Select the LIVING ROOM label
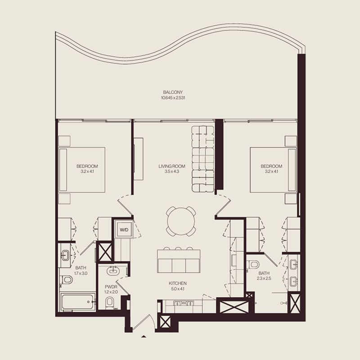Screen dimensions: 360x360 coord(169,166)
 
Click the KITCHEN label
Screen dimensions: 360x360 coord(178,283)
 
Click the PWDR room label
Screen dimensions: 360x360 coord(110,286)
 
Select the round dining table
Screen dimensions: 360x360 coord(180,220)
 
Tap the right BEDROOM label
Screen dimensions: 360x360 coord(271,166)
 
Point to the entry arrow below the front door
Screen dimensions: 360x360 coord(144,336)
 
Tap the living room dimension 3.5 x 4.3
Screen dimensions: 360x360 coord(169,172)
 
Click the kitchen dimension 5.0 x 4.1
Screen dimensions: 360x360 coord(178,289)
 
